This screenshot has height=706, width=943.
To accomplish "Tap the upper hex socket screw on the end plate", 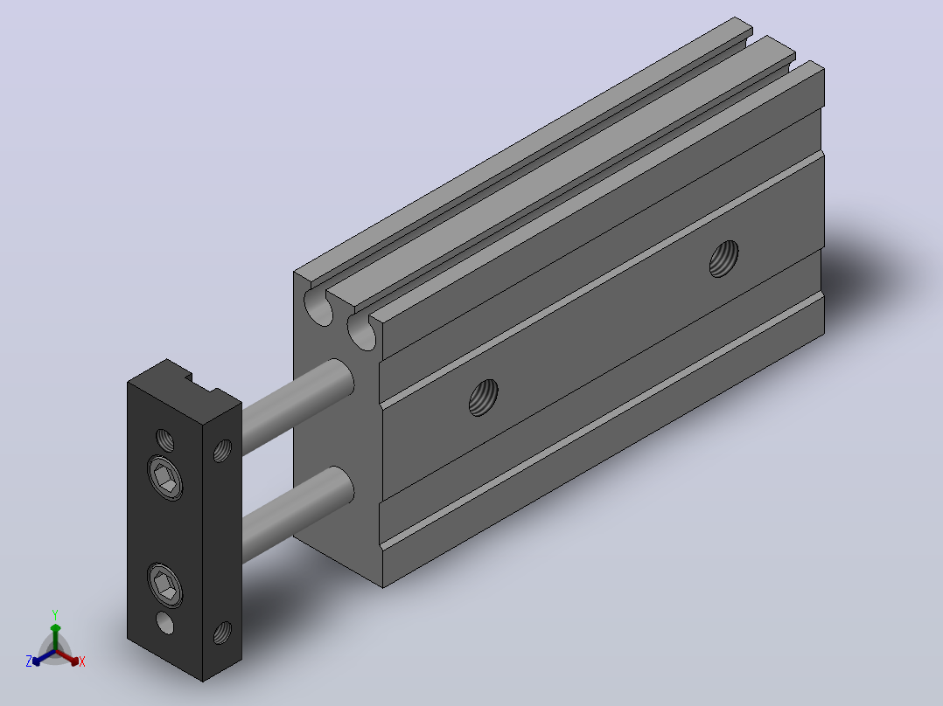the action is (x=164, y=478).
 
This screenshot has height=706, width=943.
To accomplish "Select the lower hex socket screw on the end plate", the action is (x=164, y=585).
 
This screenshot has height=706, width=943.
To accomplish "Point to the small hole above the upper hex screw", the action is (x=164, y=440).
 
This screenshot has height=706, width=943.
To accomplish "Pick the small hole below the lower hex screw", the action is (x=164, y=622).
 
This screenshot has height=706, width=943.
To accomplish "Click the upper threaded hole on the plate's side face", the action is (x=222, y=451).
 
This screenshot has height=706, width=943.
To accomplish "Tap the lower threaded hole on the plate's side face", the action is (x=222, y=633).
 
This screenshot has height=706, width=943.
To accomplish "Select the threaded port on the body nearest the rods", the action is (x=484, y=398).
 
